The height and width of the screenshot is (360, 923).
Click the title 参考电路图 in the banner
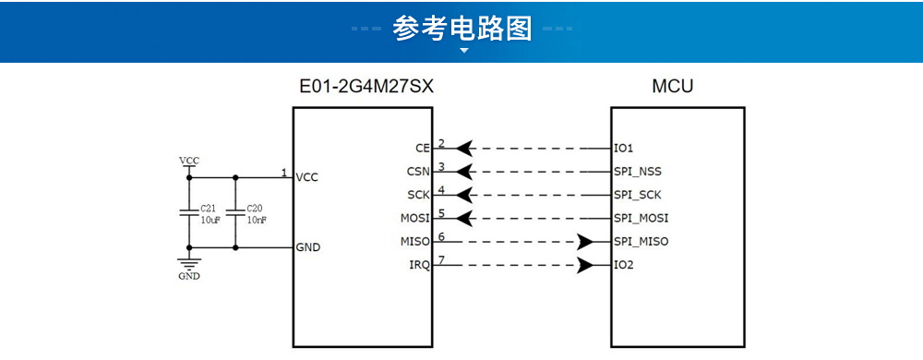point(462,29)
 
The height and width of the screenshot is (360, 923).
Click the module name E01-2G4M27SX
point(366,87)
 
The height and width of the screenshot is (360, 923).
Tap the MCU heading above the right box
point(672,87)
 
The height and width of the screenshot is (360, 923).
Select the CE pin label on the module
point(423,149)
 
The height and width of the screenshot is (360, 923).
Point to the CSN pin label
point(418,172)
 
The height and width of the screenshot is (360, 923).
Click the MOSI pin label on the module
point(414,219)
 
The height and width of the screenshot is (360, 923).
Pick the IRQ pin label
point(418,266)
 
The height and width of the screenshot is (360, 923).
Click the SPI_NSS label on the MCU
point(638,172)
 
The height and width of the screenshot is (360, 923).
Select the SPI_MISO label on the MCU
point(641,242)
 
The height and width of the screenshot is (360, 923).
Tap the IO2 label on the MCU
point(624,266)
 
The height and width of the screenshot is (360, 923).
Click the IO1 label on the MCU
point(624,148)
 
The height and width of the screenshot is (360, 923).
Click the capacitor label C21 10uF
point(210,214)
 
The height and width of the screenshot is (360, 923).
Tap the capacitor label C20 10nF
point(256,214)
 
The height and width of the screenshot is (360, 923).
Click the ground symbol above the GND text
point(188,263)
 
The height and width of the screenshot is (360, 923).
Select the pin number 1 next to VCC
point(284,173)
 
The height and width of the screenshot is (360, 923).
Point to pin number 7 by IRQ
point(442,260)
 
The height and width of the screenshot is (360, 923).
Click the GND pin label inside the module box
point(308,247)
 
